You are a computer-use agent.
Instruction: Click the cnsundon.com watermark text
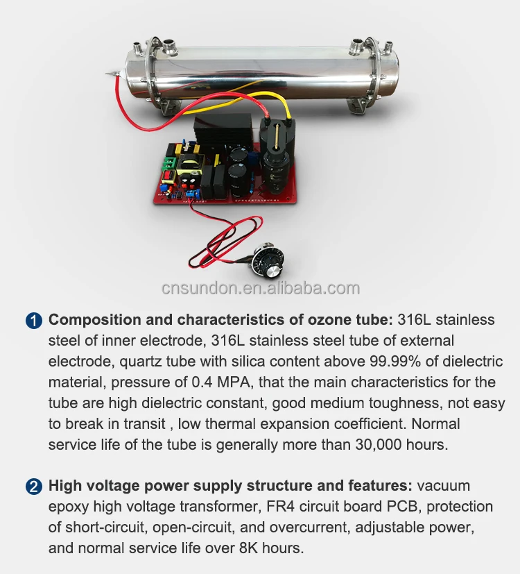pos(260,289)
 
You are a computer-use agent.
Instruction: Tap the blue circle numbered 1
pos(34,321)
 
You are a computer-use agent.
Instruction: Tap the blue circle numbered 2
pos(34,487)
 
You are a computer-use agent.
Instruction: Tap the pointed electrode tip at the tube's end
pos(109,71)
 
